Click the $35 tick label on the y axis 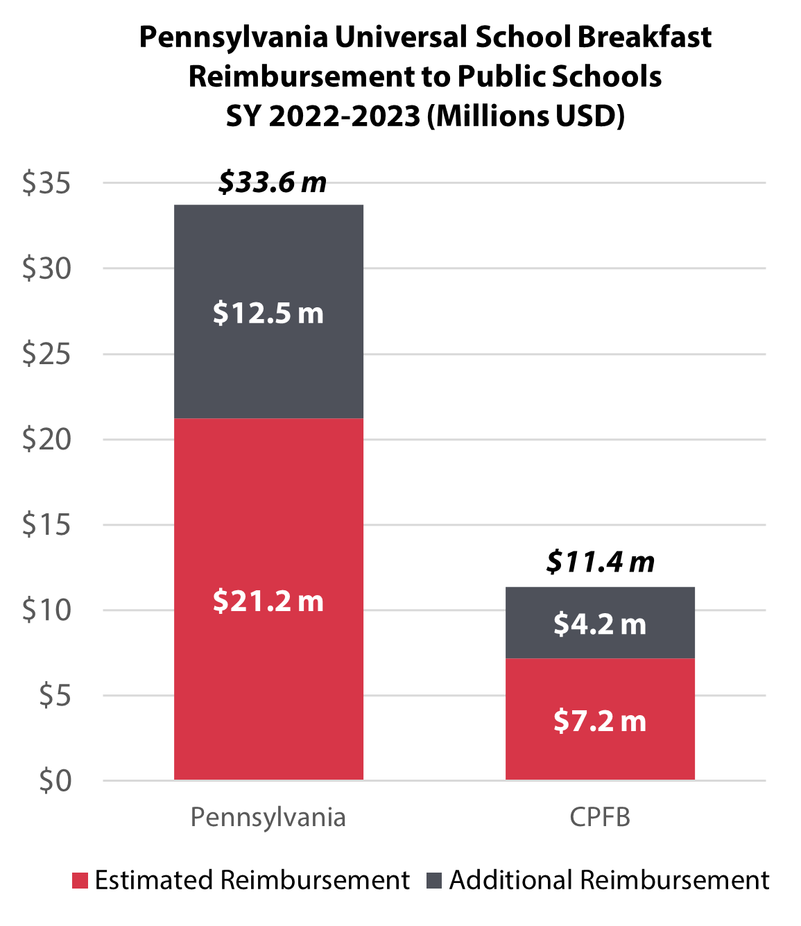(x=46, y=184)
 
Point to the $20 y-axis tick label (x=46, y=440)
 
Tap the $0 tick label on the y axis (x=55, y=781)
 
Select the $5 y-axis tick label (x=55, y=696)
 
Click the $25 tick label (x=46, y=354)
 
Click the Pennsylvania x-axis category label (x=268, y=817)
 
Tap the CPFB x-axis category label (x=600, y=817)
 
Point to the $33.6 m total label (x=272, y=182)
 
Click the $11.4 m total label (x=600, y=562)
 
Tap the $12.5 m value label (x=268, y=313)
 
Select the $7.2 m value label (x=600, y=721)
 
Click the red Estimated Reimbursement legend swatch (x=80, y=881)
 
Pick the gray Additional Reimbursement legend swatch (x=434, y=881)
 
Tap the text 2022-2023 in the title (x=344, y=116)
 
